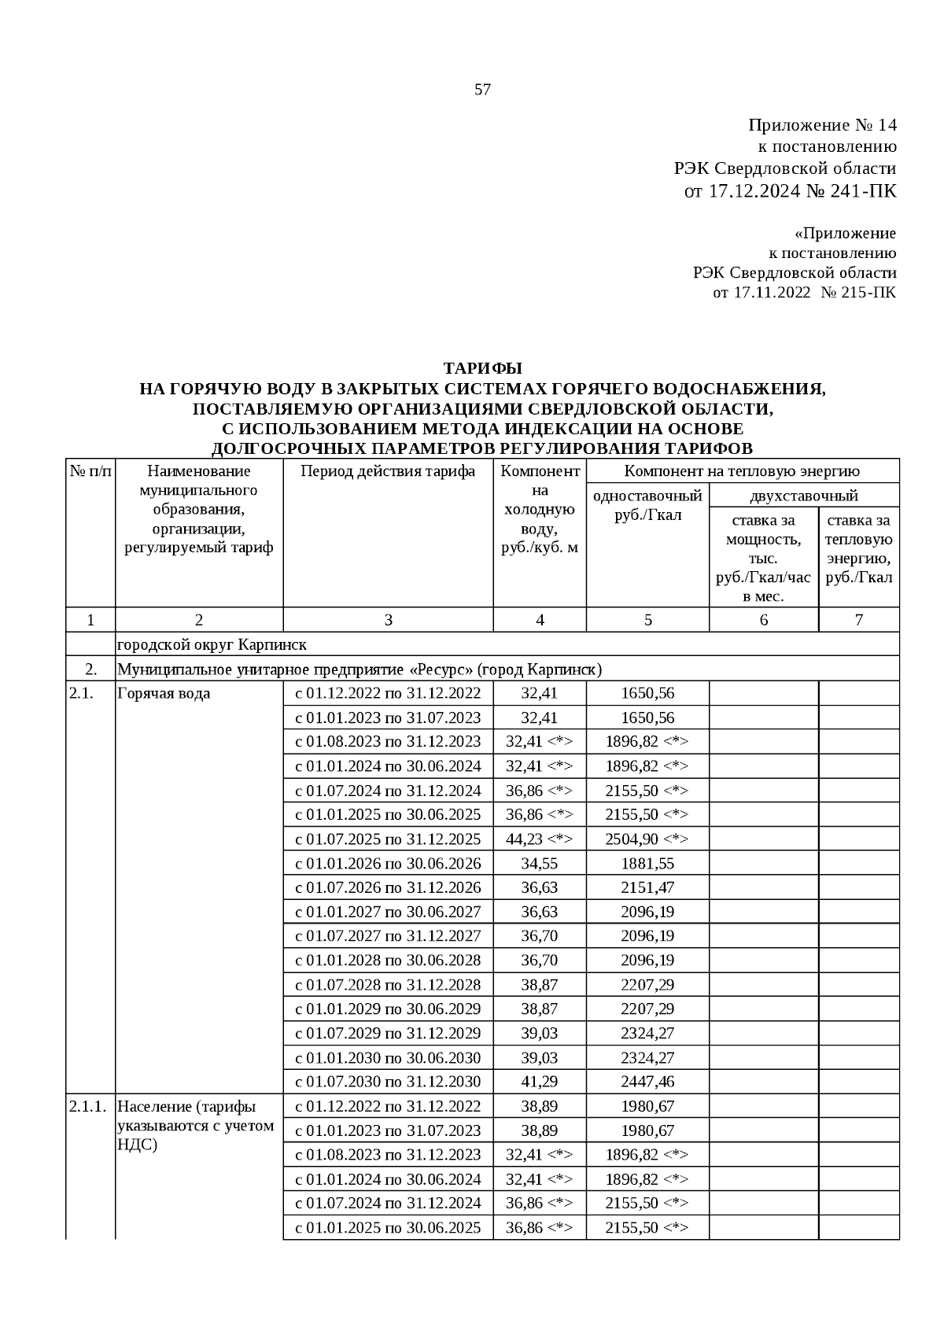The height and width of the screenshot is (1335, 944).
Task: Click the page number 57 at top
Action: (482, 90)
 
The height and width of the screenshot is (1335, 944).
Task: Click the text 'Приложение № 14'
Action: (821, 126)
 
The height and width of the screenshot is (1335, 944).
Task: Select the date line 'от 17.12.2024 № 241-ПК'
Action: (791, 191)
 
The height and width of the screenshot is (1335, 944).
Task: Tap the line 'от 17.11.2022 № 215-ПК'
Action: (803, 293)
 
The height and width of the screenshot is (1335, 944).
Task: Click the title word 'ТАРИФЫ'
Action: (482, 368)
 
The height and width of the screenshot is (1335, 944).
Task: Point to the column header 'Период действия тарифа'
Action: (388, 471)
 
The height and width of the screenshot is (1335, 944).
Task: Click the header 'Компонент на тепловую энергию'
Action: (742, 471)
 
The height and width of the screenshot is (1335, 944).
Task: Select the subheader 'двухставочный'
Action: (803, 496)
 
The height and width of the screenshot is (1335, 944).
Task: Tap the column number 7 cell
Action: (858, 620)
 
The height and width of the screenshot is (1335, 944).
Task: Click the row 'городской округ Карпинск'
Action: (212, 645)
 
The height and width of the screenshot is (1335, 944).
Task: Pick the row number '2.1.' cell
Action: (81, 694)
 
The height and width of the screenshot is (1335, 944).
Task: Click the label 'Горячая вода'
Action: (164, 694)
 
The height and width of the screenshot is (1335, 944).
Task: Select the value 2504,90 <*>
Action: (647, 839)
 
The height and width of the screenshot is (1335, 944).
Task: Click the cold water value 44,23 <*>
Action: (539, 839)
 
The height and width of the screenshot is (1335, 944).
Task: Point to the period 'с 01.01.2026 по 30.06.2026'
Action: (388, 863)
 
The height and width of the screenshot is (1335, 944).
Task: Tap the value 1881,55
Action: (647, 863)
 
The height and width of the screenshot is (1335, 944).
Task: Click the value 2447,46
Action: (647, 1082)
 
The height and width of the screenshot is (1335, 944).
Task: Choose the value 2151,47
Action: (647, 887)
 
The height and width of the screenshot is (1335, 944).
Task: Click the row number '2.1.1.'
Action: (87, 1106)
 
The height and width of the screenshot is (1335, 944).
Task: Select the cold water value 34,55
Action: (539, 863)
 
